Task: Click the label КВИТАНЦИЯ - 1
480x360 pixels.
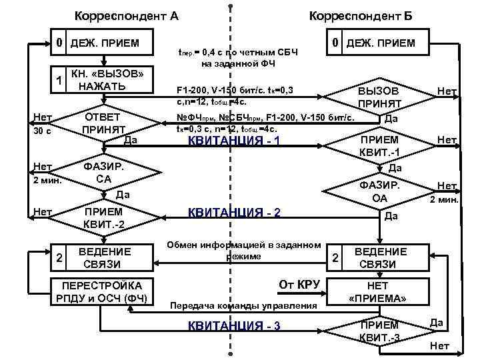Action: click(234, 141)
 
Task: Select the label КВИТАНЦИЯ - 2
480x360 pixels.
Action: click(234, 213)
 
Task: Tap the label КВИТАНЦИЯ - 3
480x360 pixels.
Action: click(234, 325)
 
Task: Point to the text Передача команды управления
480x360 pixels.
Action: click(244, 306)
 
